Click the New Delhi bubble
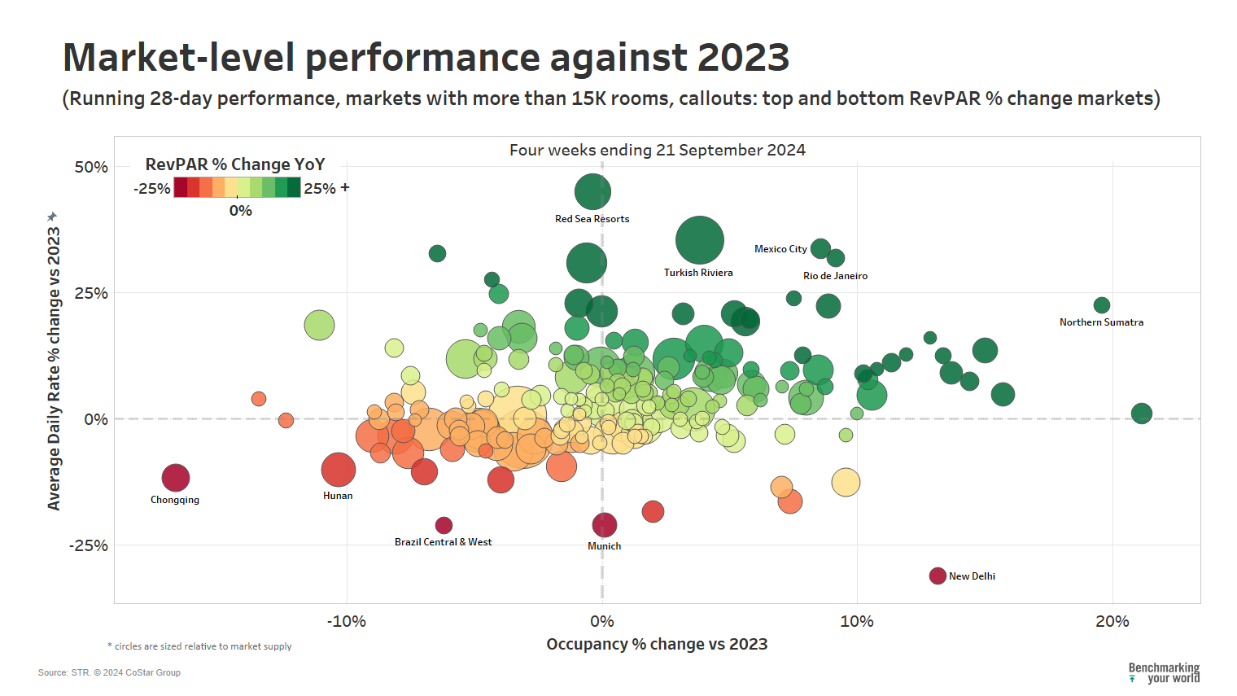(938, 576)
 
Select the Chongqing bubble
(176, 478)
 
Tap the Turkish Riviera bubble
(700, 240)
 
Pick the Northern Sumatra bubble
(1102, 305)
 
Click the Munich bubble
(604, 525)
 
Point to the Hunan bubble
(339, 470)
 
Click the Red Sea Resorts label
(592, 219)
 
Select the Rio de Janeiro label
(835, 276)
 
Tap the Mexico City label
(780, 249)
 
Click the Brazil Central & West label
(443, 542)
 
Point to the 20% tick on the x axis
(1112, 622)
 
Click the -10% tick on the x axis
(347, 622)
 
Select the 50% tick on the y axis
(91, 167)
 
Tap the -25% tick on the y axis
(89, 545)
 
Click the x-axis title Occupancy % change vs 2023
(657, 644)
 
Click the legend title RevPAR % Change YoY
(235, 164)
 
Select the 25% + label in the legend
(326, 188)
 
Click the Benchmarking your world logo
(1164, 672)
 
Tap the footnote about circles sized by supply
(200, 646)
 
